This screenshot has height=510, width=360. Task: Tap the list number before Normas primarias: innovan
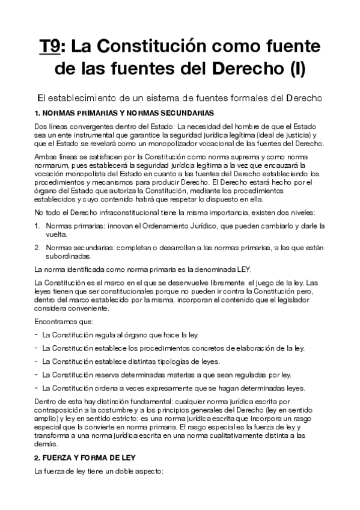coord(37,226)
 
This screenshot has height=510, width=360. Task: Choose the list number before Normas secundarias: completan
coord(37,247)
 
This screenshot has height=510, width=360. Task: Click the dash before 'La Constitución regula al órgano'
coord(37,335)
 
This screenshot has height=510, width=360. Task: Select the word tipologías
coord(174,361)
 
